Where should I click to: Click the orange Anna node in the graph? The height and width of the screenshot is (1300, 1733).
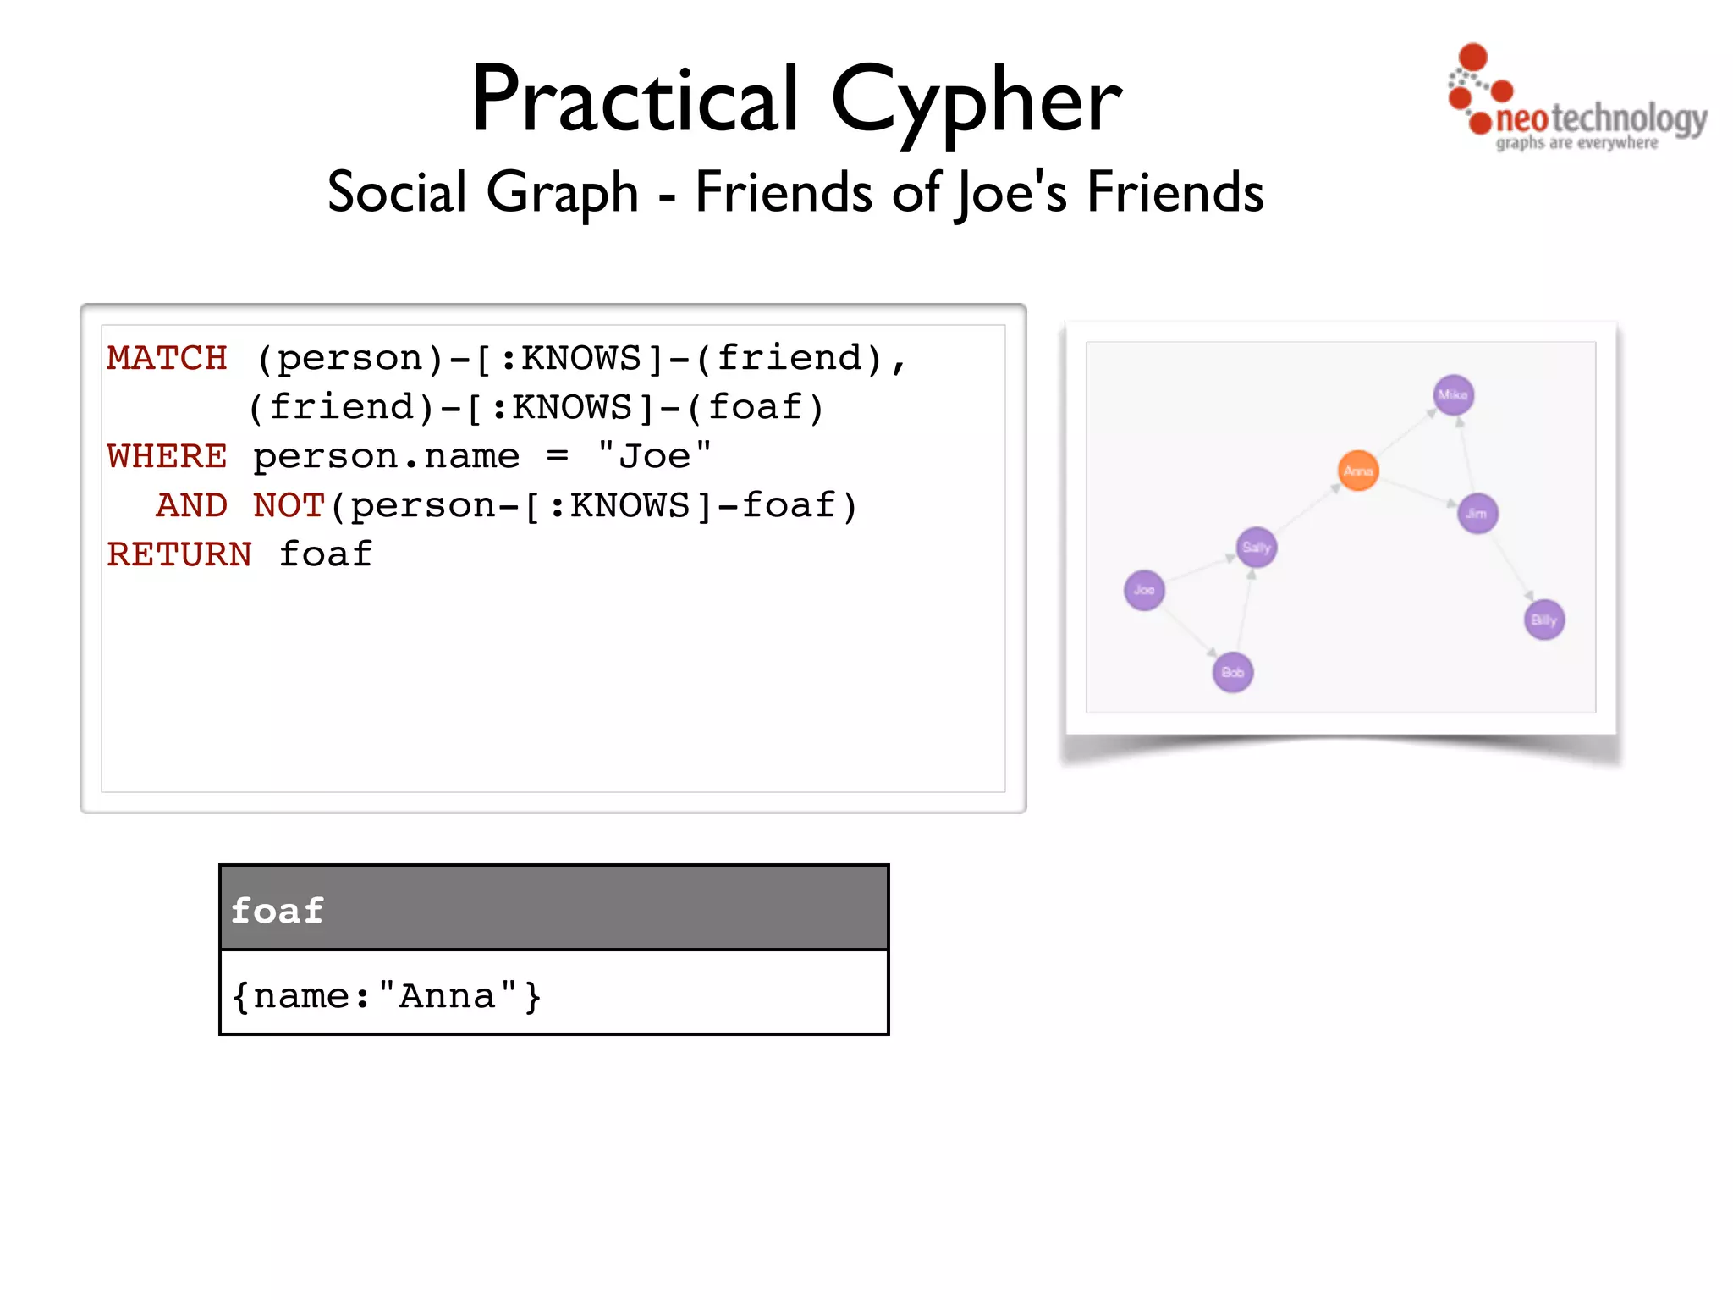click(1358, 471)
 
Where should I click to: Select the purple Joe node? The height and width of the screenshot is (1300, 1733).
click(1144, 590)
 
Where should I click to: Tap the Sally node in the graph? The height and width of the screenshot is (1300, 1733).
click(1257, 547)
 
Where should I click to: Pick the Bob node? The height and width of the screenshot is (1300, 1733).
click(1233, 672)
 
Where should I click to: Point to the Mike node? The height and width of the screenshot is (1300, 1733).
click(1454, 395)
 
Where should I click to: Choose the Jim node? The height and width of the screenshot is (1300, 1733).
click(1477, 513)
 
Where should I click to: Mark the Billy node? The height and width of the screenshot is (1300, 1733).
click(1544, 620)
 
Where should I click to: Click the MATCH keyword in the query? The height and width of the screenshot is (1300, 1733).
click(167, 358)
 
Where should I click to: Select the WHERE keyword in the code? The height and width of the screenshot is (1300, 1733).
click(167, 456)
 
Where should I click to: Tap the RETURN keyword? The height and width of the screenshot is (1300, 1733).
click(179, 554)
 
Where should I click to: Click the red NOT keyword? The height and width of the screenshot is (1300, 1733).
click(289, 505)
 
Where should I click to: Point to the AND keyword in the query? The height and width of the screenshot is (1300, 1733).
click(191, 505)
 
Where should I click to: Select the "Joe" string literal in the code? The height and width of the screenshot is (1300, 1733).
click(654, 456)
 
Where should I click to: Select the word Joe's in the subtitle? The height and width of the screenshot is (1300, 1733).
click(1012, 192)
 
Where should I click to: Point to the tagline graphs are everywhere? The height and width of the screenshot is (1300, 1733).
click(1576, 143)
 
